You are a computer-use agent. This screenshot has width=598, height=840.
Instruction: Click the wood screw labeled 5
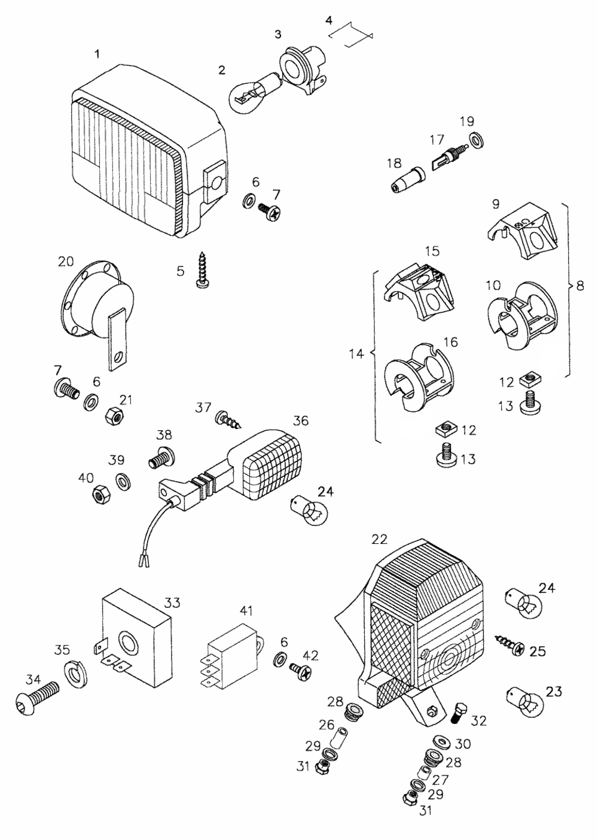(202, 269)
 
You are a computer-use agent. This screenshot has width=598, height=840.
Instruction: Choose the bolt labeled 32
(460, 713)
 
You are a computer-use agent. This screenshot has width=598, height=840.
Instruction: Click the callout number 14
(356, 354)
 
